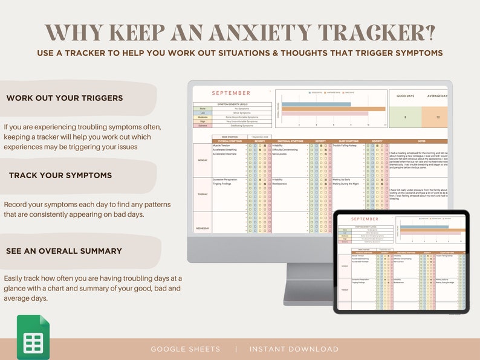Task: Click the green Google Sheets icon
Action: coord(33,337)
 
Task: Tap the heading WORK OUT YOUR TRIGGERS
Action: coord(64,98)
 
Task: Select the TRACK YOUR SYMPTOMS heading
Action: coord(60,175)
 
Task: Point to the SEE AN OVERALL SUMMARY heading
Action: coord(63,251)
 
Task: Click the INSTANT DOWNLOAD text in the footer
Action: coord(294,349)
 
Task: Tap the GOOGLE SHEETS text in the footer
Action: coord(186,349)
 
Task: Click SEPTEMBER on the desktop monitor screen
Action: coord(230,93)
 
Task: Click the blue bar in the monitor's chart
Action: coord(316,104)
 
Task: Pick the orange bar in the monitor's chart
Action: coord(333,109)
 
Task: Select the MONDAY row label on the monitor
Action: coord(202,160)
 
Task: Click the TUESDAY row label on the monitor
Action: coord(202,194)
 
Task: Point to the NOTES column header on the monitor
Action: coord(421,141)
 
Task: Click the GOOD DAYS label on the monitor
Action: coord(405,96)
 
